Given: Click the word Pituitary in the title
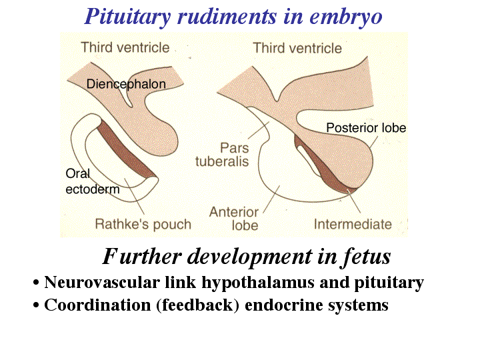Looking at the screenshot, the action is (x=127, y=17).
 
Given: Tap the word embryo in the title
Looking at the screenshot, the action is (x=346, y=17).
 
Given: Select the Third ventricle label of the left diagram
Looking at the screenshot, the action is (x=125, y=47).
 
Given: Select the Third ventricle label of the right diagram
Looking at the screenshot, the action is (x=297, y=48).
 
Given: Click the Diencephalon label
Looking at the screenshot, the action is (x=126, y=84).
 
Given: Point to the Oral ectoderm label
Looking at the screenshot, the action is (x=93, y=181).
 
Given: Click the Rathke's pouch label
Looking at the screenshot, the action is (x=143, y=224).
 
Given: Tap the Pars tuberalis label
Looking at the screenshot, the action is (x=222, y=155).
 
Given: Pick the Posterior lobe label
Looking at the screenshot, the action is (x=366, y=127).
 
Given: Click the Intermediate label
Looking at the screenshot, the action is (x=353, y=225).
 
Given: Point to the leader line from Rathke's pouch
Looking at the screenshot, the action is (x=134, y=196).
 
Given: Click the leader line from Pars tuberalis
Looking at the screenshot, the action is (x=259, y=130).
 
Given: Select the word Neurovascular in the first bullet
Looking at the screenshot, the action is (x=102, y=282).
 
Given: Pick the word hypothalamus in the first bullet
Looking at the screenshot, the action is (x=258, y=283).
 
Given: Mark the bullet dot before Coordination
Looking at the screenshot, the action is (x=37, y=305).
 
